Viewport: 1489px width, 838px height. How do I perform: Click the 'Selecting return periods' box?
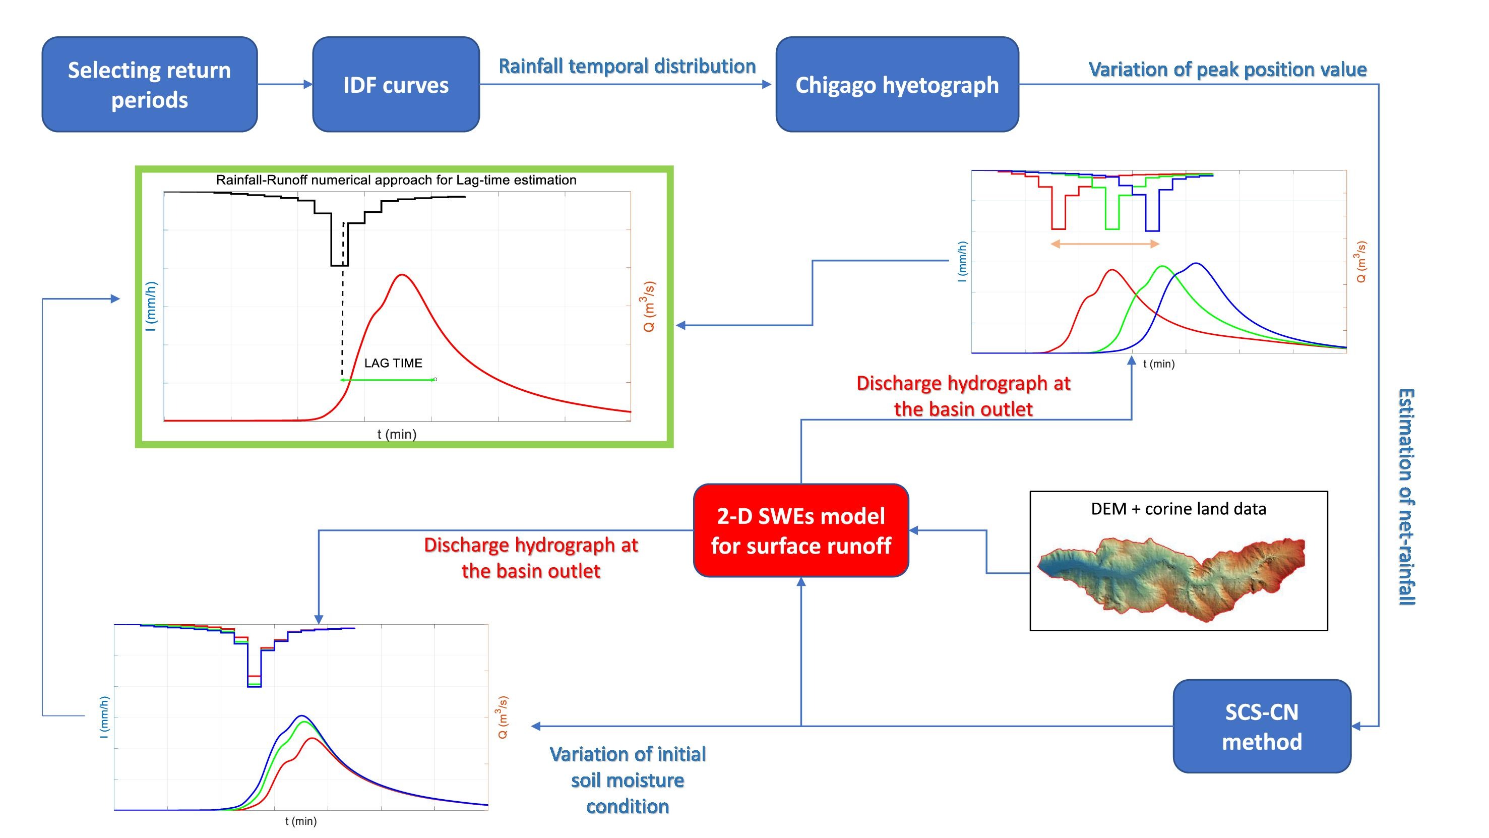point(149,84)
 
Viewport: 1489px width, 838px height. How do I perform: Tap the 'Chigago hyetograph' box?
point(897,84)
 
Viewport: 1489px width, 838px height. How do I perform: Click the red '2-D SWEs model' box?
point(800,530)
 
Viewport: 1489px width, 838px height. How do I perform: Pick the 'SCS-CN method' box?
point(1261,727)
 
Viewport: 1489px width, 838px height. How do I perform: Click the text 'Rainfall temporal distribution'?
point(627,66)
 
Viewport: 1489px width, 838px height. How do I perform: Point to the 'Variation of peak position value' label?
point(1227,70)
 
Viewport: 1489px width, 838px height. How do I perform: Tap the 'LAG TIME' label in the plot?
point(393,363)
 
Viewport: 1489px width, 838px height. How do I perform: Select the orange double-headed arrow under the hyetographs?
point(1104,244)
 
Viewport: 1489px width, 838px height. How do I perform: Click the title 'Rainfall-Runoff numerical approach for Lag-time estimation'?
point(396,180)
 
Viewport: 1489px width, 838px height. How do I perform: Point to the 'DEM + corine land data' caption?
point(1178,509)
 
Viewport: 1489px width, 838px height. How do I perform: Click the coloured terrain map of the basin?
point(1173,575)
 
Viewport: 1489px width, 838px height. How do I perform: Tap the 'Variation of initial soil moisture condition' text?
point(627,780)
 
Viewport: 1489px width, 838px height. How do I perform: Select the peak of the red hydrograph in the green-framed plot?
point(402,275)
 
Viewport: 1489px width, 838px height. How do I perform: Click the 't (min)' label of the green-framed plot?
point(397,434)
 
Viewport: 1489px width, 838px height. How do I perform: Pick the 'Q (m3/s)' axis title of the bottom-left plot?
point(503,717)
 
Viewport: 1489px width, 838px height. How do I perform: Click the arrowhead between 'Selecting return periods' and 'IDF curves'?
point(308,84)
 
